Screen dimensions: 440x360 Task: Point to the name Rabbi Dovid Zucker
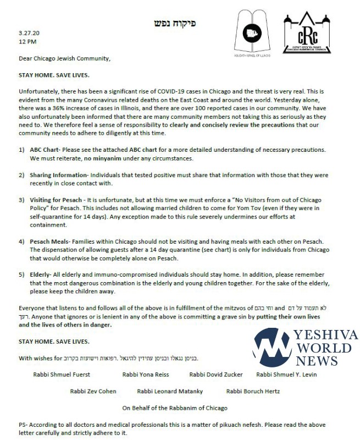215,375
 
